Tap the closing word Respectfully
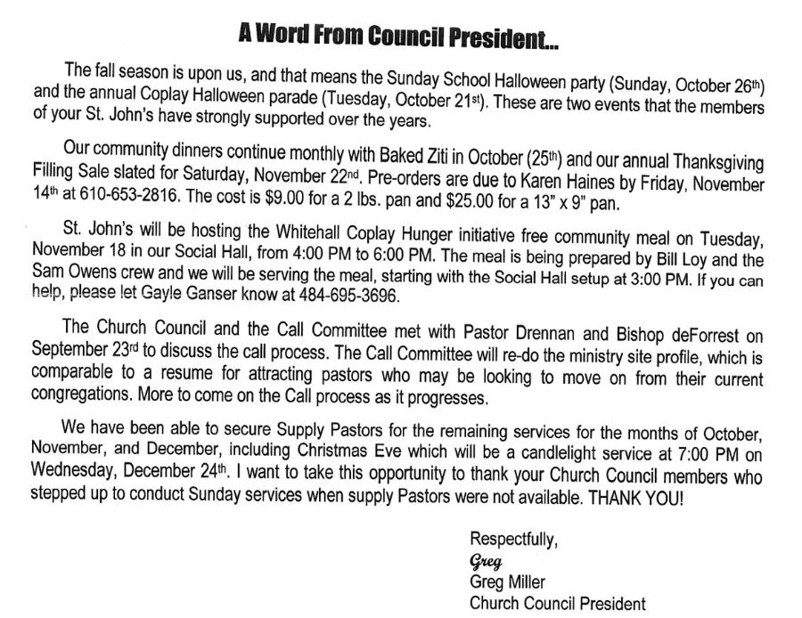pos(514,539)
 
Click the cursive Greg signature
pos(486,561)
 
